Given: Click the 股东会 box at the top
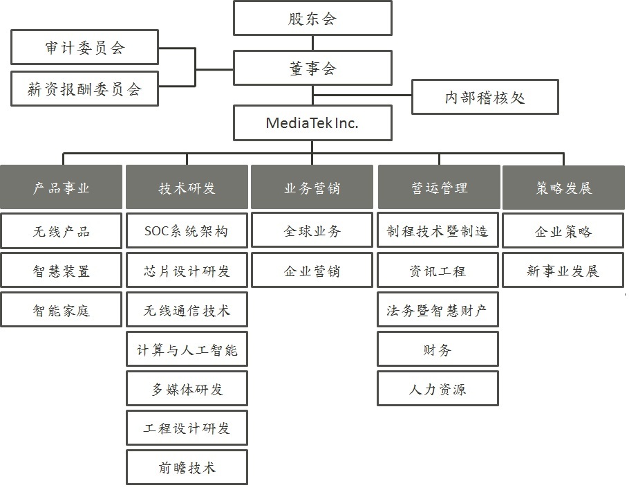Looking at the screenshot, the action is pyautogui.click(x=312, y=18).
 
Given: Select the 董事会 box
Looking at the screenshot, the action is pyautogui.click(x=312, y=68).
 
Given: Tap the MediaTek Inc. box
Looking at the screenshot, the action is pyautogui.click(x=312, y=123).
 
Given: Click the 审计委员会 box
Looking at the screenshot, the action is pyautogui.click(x=84, y=47).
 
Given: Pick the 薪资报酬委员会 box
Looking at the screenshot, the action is pyautogui.click(x=84, y=89).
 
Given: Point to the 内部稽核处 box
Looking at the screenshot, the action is pyautogui.click(x=485, y=97).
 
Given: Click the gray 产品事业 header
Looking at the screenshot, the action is pyautogui.click(x=61, y=187).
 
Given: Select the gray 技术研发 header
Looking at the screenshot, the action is pyautogui.click(x=187, y=187).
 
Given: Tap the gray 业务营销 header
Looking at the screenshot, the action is pyautogui.click(x=312, y=187).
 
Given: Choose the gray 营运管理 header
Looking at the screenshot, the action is pyautogui.click(x=439, y=187).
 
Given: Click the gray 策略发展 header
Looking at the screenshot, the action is pyautogui.click(x=563, y=187).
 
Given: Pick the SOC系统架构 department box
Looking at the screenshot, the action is pyautogui.click(x=187, y=230).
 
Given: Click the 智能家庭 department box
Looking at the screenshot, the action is pyautogui.click(x=61, y=309).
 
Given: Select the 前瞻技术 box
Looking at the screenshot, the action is pyautogui.click(x=187, y=468).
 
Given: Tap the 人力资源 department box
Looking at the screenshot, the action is pyautogui.click(x=438, y=388).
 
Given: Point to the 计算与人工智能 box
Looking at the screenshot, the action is pyautogui.click(x=187, y=349).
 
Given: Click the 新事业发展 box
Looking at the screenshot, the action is pyautogui.click(x=563, y=271).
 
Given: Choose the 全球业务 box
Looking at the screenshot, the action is pyautogui.click(x=312, y=230).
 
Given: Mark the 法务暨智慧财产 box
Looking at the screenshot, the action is pyautogui.click(x=438, y=309).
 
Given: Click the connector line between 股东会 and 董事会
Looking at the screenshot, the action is pyautogui.click(x=312, y=43).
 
